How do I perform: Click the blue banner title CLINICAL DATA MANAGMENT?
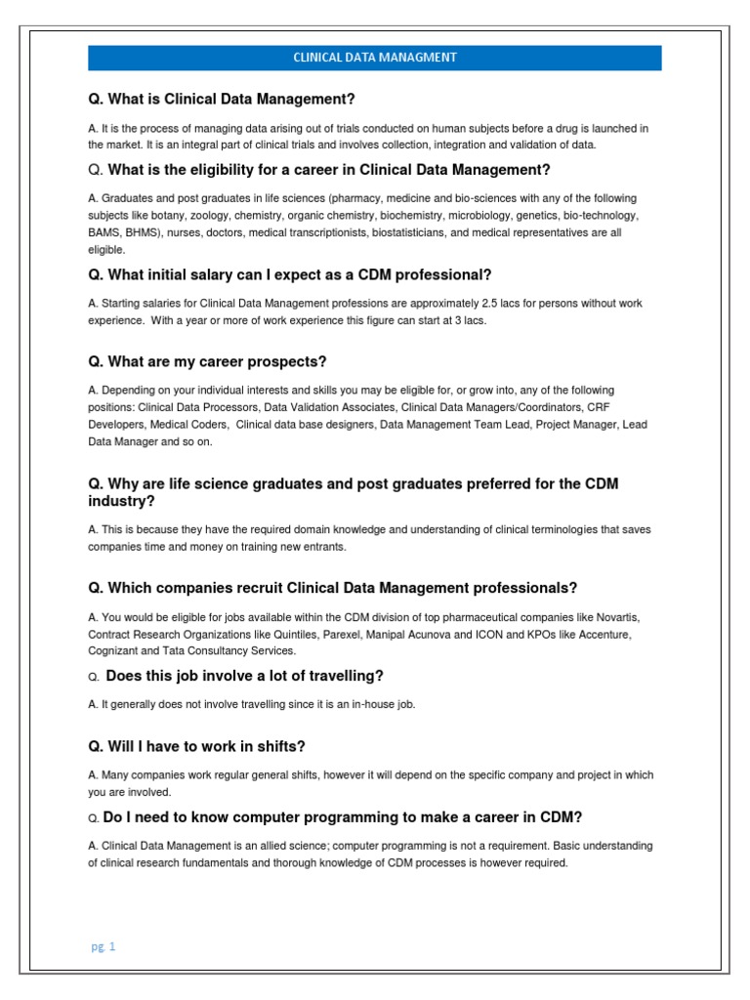(x=375, y=58)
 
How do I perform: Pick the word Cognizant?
(x=112, y=650)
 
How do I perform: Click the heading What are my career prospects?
(x=207, y=361)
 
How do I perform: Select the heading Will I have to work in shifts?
(x=196, y=746)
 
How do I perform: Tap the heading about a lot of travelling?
(x=244, y=676)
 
